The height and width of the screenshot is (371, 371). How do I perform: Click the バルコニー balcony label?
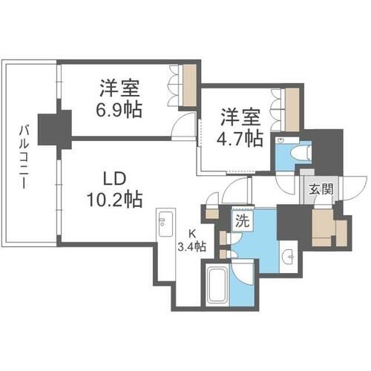(25, 158)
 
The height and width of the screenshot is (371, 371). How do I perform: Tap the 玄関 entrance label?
(322, 188)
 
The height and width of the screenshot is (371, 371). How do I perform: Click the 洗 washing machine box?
(242, 220)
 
